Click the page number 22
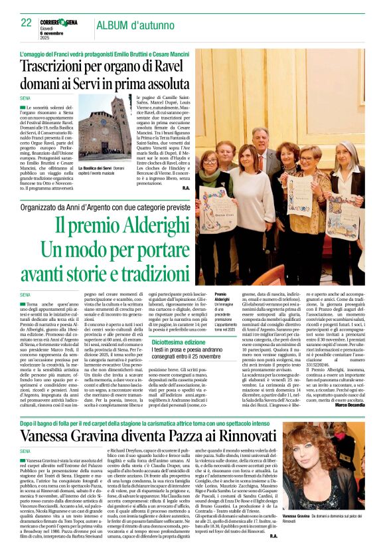26,22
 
